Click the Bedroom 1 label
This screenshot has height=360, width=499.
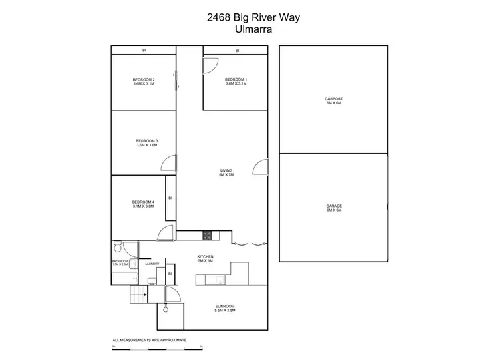click(236, 80)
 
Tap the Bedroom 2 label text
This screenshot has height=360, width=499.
click(144, 80)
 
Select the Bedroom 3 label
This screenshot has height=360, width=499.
click(146, 140)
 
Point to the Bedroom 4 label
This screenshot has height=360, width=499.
click(143, 202)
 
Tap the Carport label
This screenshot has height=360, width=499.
click(333, 98)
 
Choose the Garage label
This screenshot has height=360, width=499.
click(333, 206)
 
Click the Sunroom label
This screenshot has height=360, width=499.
click(224, 306)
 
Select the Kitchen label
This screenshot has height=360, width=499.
click(204, 256)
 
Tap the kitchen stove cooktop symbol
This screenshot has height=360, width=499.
click(207, 235)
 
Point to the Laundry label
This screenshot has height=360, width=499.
click(152, 264)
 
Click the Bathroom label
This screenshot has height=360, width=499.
click(120, 261)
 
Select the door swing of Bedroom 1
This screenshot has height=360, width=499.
click(210, 65)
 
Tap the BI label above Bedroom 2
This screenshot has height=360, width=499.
click(144, 50)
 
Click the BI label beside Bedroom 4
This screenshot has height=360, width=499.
click(170, 198)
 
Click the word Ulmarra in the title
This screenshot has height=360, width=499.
click(249, 29)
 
